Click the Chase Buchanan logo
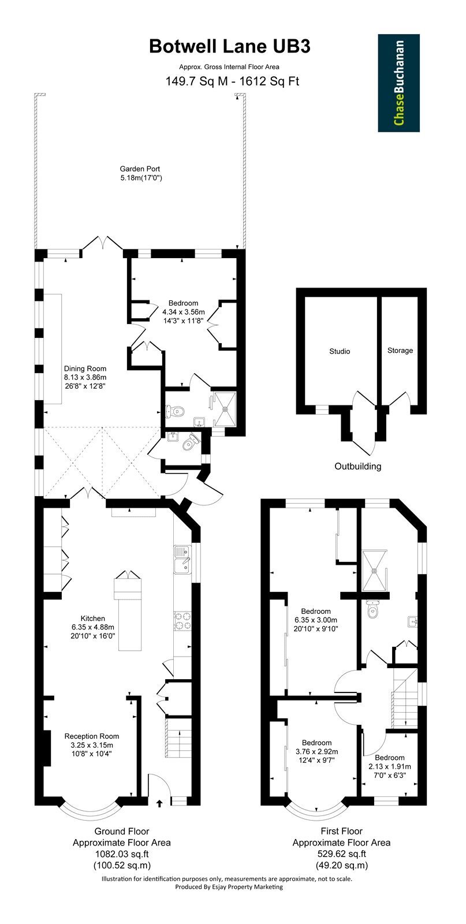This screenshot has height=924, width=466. click(x=398, y=83)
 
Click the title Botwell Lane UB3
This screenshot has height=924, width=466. click(x=229, y=47)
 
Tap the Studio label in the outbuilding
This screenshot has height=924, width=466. click(x=340, y=351)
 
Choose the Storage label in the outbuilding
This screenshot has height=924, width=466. click(x=400, y=350)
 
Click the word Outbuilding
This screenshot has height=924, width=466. click(x=357, y=466)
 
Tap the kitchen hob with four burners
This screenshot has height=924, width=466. click(x=182, y=620)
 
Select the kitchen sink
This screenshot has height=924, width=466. click(x=182, y=560)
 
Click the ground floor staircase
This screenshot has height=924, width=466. click(x=179, y=737)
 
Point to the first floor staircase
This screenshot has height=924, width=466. click(x=404, y=699)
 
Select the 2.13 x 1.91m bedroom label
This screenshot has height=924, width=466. click(x=390, y=766)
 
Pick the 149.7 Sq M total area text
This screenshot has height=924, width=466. click(x=196, y=81)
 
